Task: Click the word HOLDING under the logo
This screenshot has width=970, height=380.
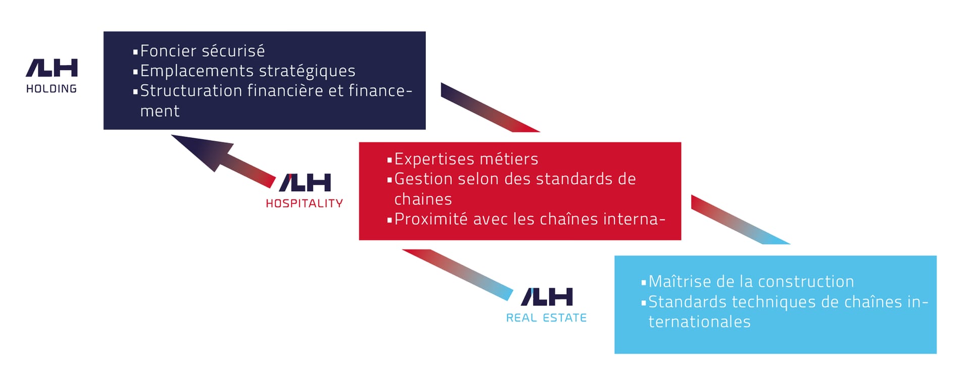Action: [52, 89]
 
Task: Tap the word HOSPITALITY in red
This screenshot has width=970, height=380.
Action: [305, 203]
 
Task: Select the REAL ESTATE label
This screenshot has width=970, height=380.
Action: [547, 318]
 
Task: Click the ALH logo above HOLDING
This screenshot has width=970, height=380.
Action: [52, 68]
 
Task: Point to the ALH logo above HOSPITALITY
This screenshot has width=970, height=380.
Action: [305, 183]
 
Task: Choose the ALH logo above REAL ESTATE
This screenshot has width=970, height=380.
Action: [547, 297]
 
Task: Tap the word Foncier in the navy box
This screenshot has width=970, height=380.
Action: [168, 51]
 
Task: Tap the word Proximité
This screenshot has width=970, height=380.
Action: [431, 219]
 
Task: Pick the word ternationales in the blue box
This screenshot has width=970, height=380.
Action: [700, 322]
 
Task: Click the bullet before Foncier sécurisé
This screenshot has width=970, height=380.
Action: [135, 52]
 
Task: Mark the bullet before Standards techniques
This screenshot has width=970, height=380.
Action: [644, 303]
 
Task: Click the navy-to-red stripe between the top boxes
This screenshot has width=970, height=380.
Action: [490, 107]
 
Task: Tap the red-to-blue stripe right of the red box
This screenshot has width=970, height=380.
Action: [741, 220]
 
